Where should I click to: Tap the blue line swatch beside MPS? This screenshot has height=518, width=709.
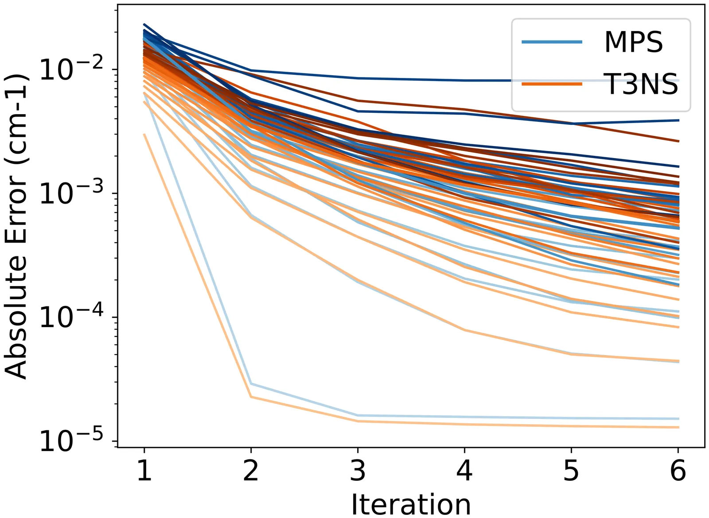click(x=552, y=42)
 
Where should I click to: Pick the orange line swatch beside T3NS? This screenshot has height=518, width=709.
click(x=552, y=83)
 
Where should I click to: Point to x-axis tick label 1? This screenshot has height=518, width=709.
click(x=144, y=471)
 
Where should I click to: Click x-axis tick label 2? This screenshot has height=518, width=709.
click(x=251, y=471)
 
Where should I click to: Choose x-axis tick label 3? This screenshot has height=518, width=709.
click(x=358, y=471)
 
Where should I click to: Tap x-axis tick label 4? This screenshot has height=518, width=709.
click(x=464, y=471)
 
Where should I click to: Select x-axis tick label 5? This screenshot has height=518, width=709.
click(x=571, y=471)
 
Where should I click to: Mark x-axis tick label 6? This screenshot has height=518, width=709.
click(x=678, y=471)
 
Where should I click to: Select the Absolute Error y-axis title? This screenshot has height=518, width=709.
click(x=17, y=227)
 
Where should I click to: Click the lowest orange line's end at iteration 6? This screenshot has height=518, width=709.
click(x=678, y=427)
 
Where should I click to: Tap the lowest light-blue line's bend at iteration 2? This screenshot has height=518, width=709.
click(x=251, y=383)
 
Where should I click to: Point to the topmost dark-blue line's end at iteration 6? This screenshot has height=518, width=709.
click(x=678, y=81)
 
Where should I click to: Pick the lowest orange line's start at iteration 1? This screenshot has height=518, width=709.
click(x=144, y=135)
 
